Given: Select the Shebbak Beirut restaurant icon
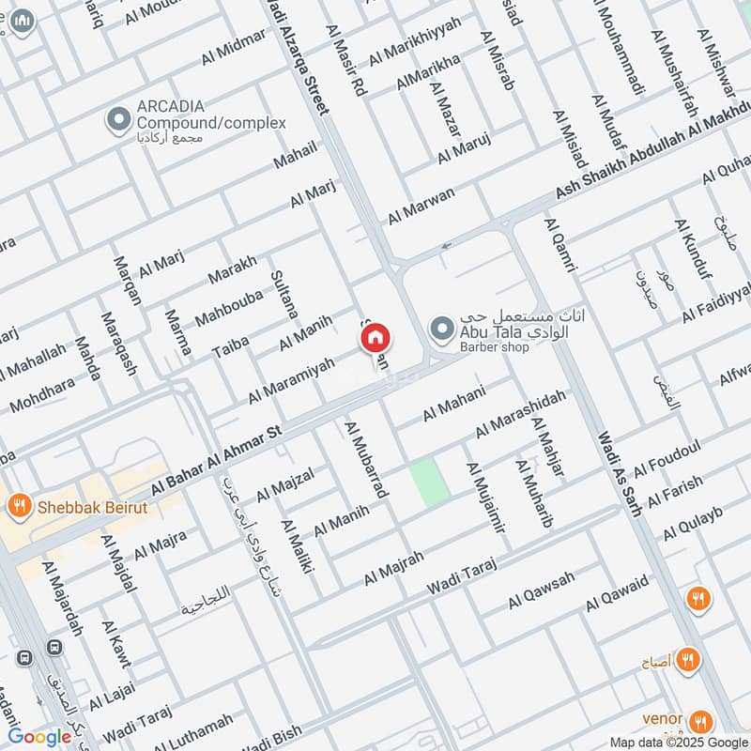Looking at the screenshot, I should [18, 508].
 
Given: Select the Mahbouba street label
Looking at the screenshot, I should [228, 306].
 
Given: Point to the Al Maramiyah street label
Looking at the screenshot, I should [291, 380].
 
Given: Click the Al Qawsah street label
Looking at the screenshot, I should [542, 589].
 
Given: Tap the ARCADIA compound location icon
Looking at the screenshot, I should [118, 120].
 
